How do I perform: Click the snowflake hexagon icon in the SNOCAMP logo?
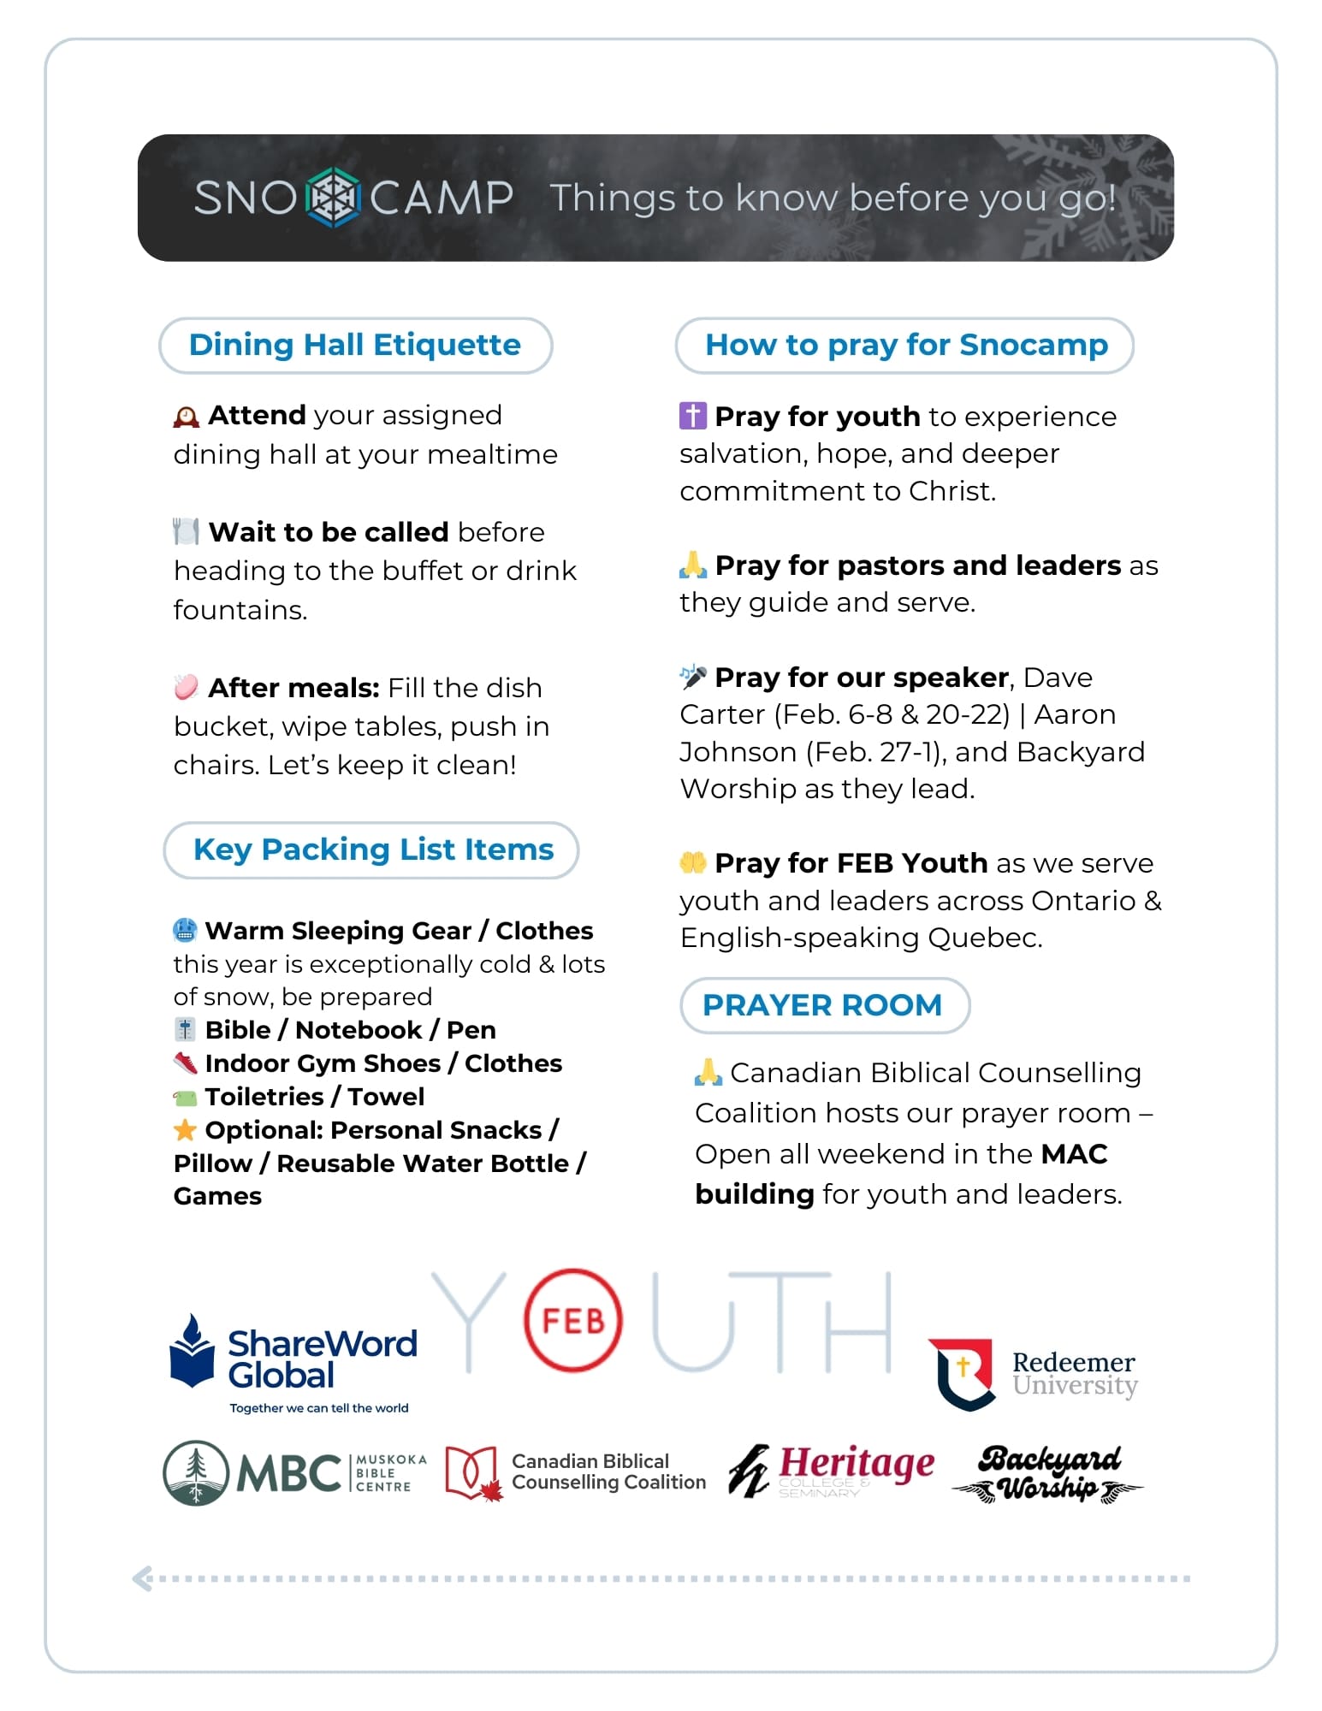pos(333,198)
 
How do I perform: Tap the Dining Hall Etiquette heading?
pos(355,345)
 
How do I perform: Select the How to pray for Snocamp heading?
pos(905,345)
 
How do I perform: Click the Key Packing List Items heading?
pos(372,850)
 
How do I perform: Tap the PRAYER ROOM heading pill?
pos(824,1005)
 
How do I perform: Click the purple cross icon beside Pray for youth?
pos(692,416)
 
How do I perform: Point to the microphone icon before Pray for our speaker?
pos(692,677)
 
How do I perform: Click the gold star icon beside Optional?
pos(185,1130)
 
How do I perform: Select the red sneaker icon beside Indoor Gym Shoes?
pos(185,1063)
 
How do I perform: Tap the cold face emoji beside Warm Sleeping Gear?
pos(185,930)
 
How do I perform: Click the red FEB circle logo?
pos(572,1321)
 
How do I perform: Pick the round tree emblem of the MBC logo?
pos(196,1472)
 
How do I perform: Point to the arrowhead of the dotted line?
pos(142,1578)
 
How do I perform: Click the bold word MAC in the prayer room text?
pos(1074,1154)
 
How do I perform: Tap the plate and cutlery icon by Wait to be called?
pos(186,531)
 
